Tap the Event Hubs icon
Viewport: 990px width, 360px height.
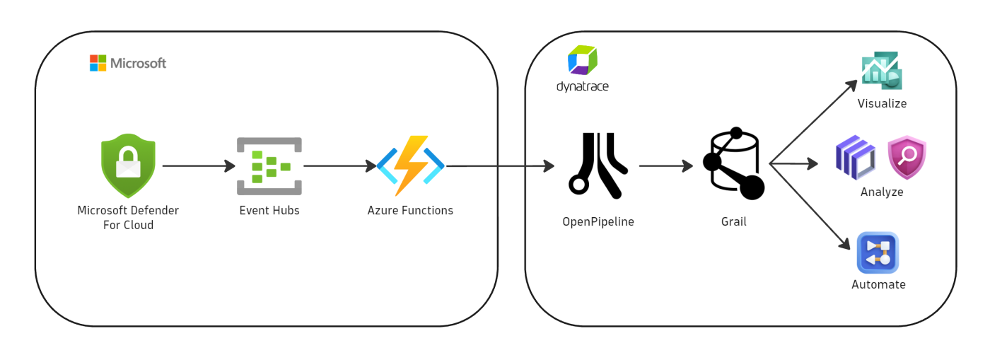click(269, 166)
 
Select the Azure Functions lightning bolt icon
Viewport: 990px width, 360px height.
click(410, 166)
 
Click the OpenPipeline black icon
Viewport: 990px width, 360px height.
click(598, 166)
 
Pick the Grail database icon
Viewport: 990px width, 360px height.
click(733, 164)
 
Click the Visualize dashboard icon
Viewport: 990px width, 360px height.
click(882, 71)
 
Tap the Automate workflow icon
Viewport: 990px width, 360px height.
click(878, 252)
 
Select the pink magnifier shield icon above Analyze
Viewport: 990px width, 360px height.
click(907, 158)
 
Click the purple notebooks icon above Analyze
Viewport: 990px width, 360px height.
click(856, 157)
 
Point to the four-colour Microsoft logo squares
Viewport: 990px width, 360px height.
click(98, 63)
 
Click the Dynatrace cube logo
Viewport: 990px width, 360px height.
click(583, 61)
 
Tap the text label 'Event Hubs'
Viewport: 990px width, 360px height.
click(269, 210)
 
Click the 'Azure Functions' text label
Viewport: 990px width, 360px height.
click(410, 210)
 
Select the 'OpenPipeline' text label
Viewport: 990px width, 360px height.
click(598, 221)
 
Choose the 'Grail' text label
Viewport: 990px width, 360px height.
click(733, 221)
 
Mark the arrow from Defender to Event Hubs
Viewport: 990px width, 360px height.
click(198, 166)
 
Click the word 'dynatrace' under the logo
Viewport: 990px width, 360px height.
click(583, 87)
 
